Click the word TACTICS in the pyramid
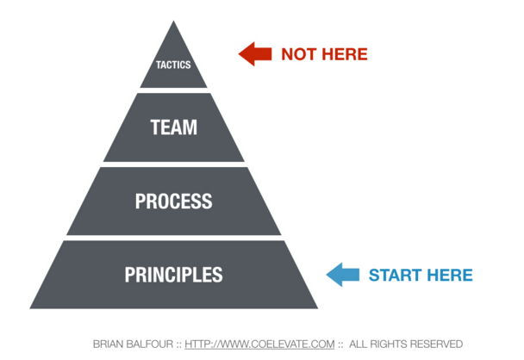click(173, 65)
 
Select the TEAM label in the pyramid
click(174, 127)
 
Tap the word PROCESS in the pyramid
click(174, 201)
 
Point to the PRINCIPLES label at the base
click(174, 275)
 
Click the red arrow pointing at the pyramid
click(255, 53)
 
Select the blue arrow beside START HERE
click(343, 275)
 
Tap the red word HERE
click(344, 54)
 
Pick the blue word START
click(395, 276)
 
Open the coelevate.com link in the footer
click(259, 344)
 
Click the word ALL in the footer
click(359, 344)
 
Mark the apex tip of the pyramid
click(173, 21)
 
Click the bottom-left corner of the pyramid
click(30, 308)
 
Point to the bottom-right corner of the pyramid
click(318, 308)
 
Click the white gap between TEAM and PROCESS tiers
click(174, 164)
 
